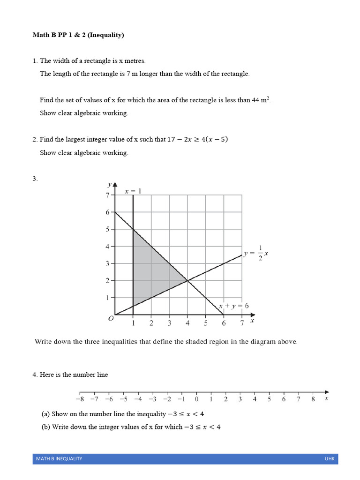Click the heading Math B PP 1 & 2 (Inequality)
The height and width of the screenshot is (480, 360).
pyautogui.click(x=78, y=35)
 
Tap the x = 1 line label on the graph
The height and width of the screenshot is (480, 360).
pyautogui.click(x=133, y=191)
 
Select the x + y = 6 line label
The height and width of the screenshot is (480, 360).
pyautogui.click(x=234, y=306)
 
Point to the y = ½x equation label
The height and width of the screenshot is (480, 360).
pyautogui.click(x=255, y=254)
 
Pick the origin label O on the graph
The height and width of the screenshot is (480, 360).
pyautogui.click(x=111, y=318)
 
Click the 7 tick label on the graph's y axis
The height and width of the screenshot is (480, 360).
pyautogui.click(x=107, y=195)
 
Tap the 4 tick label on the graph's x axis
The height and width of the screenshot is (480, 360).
pyautogui.click(x=187, y=323)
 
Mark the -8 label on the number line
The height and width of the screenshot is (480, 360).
pyautogui.click(x=80, y=399)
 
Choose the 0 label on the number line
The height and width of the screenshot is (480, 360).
pyautogui.click(x=196, y=399)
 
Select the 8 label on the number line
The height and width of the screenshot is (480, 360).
pyautogui.click(x=313, y=399)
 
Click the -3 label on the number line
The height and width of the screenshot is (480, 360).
pyautogui.click(x=152, y=399)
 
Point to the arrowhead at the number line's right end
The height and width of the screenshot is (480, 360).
pyautogui.click(x=326, y=392)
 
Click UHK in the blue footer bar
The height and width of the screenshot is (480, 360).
pyautogui.click(x=330, y=458)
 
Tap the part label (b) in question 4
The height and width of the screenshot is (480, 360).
pyautogui.click(x=45, y=427)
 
